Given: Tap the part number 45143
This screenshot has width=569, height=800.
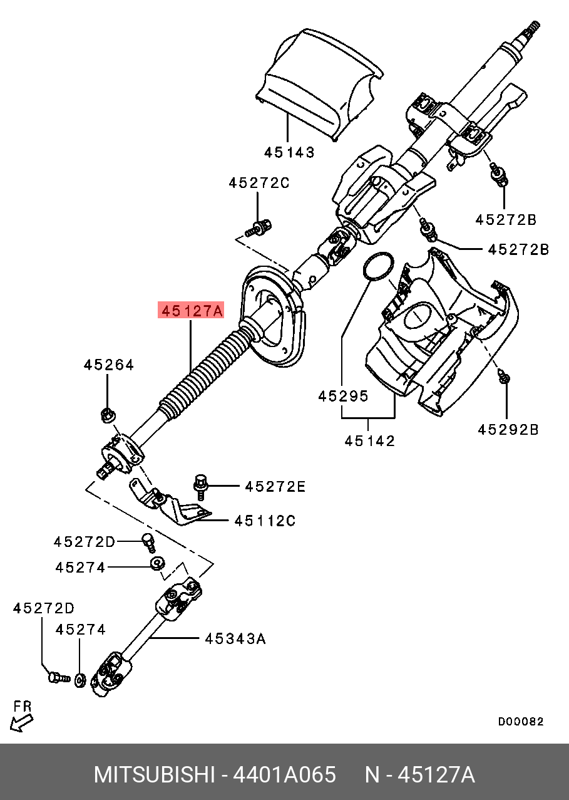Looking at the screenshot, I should click(289, 152).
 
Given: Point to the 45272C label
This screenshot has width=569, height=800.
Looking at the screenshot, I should click(259, 183).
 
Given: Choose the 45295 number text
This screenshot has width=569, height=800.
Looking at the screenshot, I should click(343, 396).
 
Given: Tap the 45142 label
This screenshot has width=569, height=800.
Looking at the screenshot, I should click(369, 441).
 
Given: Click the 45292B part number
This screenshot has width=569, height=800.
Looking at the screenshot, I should click(508, 430).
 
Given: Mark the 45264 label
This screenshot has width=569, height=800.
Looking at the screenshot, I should click(109, 365).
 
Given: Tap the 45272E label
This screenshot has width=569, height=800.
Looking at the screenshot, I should click(275, 486).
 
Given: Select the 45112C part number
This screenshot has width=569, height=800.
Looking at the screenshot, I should click(265, 521).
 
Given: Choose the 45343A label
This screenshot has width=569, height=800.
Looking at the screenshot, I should click(235, 638).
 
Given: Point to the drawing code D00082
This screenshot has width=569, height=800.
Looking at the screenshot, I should click(520, 722).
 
